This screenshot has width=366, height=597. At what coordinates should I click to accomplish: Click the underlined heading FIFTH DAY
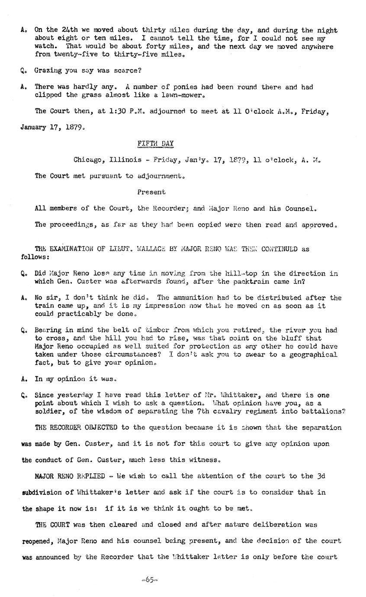coord(155,143)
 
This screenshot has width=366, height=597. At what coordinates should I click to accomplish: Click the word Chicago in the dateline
coord(87,160)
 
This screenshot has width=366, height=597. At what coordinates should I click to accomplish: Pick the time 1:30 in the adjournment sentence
coord(118,111)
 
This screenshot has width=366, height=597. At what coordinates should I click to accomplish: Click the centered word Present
coord(151,192)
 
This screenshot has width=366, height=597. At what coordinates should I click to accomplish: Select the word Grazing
coord(48,71)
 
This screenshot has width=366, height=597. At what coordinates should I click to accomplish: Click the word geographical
coord(313,355)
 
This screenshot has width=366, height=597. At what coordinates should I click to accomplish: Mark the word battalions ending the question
coord(324,411)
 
